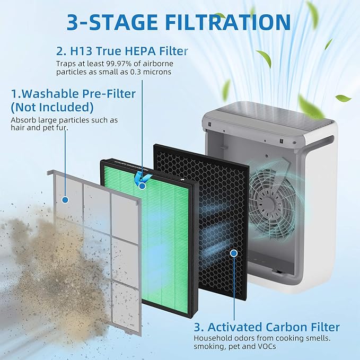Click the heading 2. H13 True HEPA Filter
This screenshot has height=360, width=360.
point(122,51)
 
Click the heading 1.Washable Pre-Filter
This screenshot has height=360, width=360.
point(74,94)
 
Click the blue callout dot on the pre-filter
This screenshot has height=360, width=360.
point(65,200)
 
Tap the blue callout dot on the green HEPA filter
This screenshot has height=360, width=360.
point(142,186)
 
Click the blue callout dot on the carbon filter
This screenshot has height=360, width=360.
point(233,253)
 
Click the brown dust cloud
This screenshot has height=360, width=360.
point(32,254)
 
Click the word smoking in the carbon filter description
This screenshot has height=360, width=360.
point(208,347)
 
